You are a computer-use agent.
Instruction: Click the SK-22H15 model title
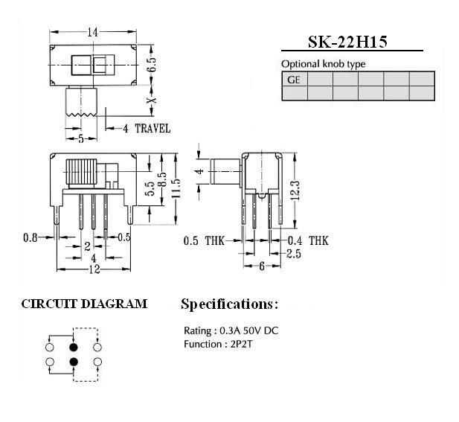tap(347, 42)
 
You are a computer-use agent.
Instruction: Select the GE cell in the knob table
tap(294, 80)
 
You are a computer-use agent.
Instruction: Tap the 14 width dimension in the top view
tap(92, 32)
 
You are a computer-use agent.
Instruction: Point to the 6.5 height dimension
tap(152, 65)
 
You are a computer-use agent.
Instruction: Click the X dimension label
tap(152, 100)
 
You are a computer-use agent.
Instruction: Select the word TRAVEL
tap(153, 129)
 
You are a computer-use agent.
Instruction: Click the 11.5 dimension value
tap(176, 188)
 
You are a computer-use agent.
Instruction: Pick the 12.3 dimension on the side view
tap(296, 191)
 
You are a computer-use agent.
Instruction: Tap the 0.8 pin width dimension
tap(31, 237)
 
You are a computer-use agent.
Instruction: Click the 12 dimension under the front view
tap(94, 269)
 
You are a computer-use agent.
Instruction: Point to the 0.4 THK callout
tap(308, 240)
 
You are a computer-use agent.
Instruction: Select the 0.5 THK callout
tap(204, 240)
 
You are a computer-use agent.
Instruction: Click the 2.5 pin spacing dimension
tap(294, 254)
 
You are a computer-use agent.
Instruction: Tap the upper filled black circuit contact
tap(74, 348)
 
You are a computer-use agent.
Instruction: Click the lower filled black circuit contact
tap(74, 362)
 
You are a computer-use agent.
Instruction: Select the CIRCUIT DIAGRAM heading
tap(84, 304)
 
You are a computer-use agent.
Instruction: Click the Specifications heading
tap(229, 304)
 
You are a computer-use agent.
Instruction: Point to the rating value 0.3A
tap(230, 330)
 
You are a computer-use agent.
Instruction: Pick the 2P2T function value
tap(241, 344)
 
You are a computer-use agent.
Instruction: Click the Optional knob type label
tap(324, 64)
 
